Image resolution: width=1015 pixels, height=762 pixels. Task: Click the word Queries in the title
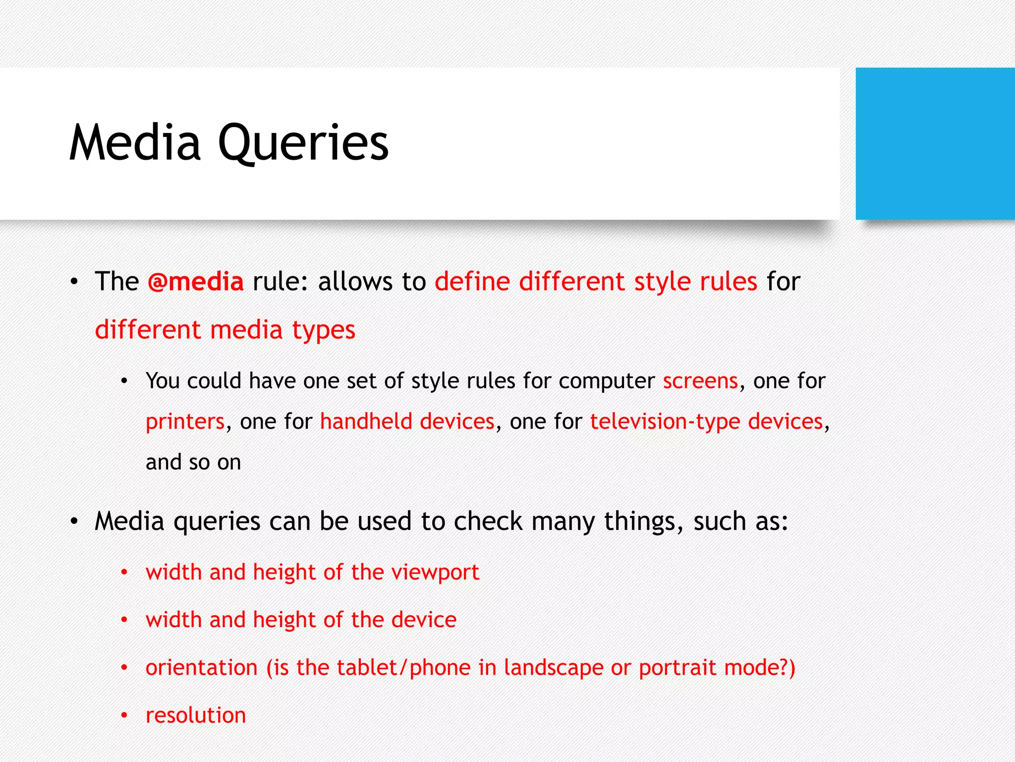tap(303, 144)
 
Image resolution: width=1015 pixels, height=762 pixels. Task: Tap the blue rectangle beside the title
tap(935, 144)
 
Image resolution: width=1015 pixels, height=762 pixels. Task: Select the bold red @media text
tap(196, 282)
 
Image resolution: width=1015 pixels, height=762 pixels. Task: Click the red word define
tap(472, 281)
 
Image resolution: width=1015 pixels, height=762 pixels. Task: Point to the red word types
tap(323, 330)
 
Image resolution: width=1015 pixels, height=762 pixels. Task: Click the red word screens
tap(700, 381)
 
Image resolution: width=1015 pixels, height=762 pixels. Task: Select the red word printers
tap(185, 422)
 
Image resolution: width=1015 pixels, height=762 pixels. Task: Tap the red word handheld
tap(366, 422)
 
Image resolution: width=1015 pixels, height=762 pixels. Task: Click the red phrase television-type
tap(665, 422)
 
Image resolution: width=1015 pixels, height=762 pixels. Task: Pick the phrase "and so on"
tap(193, 462)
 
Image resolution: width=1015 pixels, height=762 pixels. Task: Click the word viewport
tap(435, 572)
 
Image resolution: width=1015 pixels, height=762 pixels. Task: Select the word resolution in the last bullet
tap(196, 715)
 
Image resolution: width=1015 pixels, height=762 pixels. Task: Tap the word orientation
tap(201, 668)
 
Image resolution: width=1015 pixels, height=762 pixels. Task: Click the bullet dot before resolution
tap(124, 715)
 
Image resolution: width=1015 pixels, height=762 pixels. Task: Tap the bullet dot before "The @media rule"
tap(74, 282)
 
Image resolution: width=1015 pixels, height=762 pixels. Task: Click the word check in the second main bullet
tap(488, 522)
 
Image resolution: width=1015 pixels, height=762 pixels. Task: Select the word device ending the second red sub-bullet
tap(424, 620)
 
